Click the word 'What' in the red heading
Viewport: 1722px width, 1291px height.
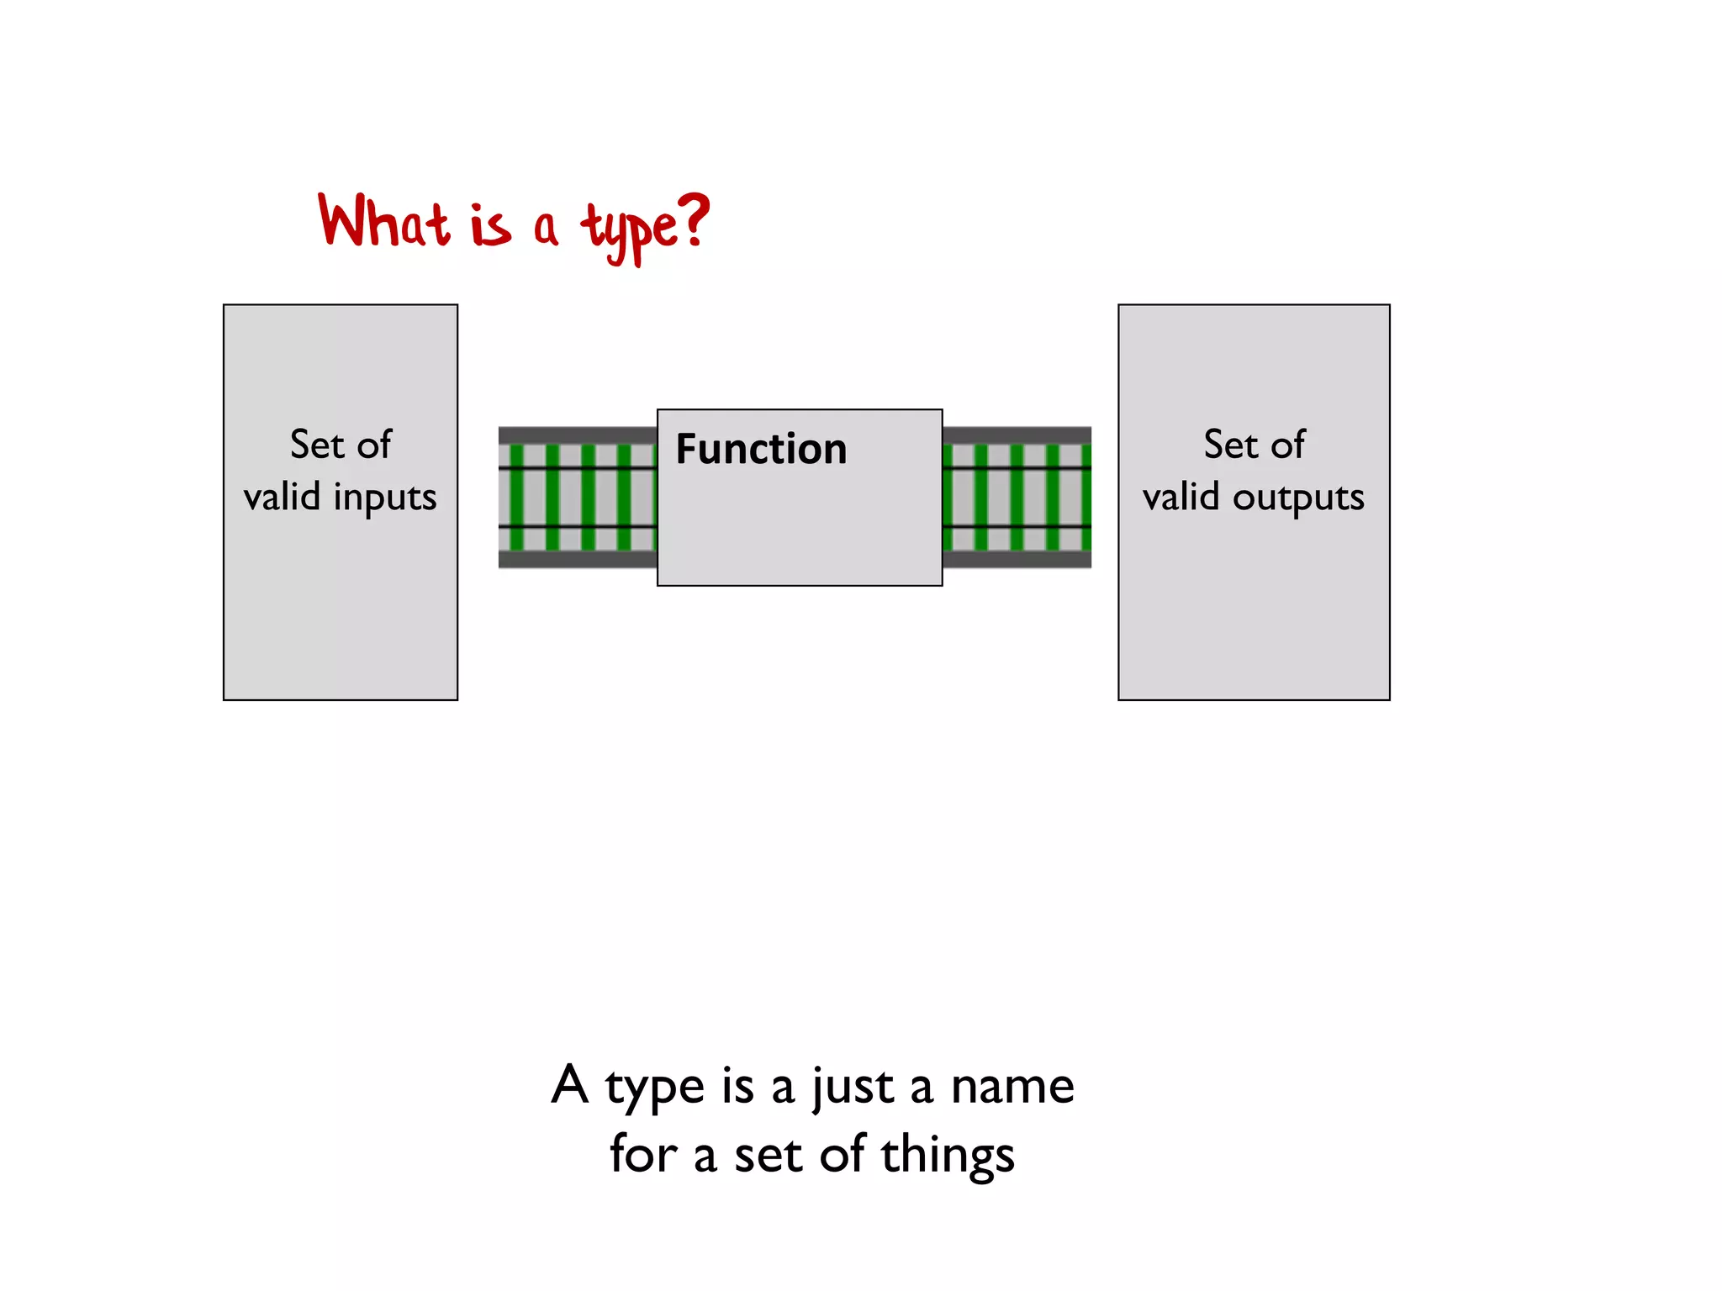[383, 222]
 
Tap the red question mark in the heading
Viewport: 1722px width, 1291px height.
[695, 220]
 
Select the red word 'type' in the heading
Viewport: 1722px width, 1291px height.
[629, 229]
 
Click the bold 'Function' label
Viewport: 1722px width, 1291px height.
[761, 449]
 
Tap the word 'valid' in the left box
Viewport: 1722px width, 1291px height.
[282, 497]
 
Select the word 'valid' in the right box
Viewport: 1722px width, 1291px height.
[1181, 497]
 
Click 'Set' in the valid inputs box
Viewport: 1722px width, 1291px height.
[317, 445]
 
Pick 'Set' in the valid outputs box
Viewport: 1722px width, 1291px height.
[1230, 445]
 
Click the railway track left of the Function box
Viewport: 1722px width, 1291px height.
[577, 498]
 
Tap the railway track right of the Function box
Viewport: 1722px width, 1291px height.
[1017, 498]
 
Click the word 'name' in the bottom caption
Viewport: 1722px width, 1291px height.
[1012, 1086]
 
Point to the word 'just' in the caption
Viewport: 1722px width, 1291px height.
[852, 1088]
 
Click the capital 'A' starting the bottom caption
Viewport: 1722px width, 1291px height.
[569, 1084]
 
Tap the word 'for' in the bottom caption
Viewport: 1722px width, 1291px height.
[642, 1154]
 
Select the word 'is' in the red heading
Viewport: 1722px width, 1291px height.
[490, 227]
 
